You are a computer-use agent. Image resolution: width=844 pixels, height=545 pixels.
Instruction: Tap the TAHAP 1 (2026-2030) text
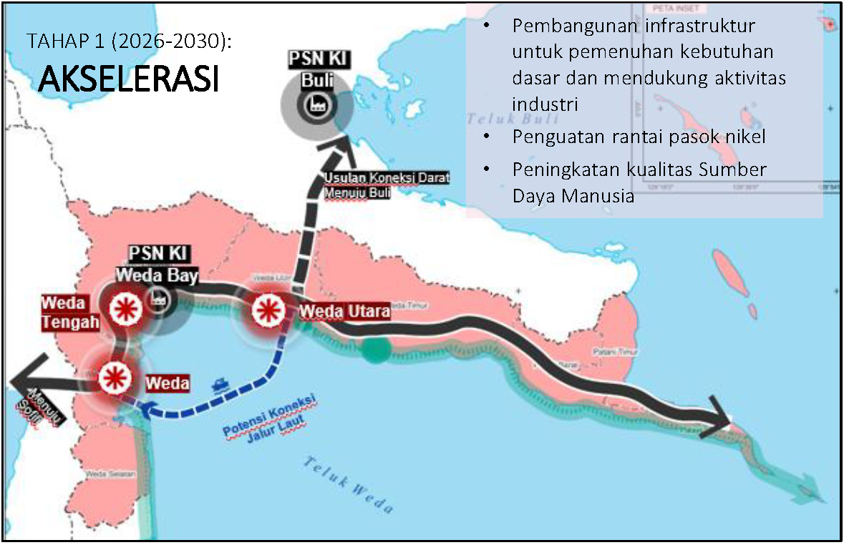[129, 41]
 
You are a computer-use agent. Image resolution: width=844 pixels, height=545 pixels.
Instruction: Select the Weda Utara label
[344, 312]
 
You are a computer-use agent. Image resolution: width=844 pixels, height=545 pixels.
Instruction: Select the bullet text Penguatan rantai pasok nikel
[639, 136]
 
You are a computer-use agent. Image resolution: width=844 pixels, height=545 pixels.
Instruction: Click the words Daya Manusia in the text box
[573, 195]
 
